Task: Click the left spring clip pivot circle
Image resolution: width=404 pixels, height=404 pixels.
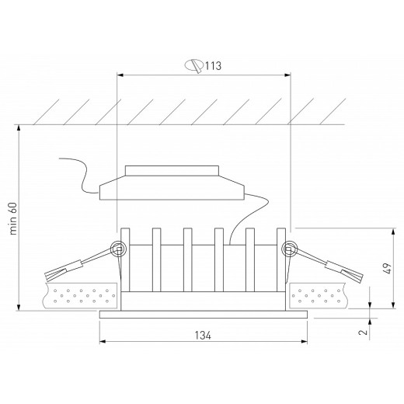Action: coord(119,249)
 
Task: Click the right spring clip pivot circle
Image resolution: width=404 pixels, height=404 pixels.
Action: coord(290,249)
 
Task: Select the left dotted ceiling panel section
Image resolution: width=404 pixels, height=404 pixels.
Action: coord(84,295)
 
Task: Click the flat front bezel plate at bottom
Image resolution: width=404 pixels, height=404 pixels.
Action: coord(204,314)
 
